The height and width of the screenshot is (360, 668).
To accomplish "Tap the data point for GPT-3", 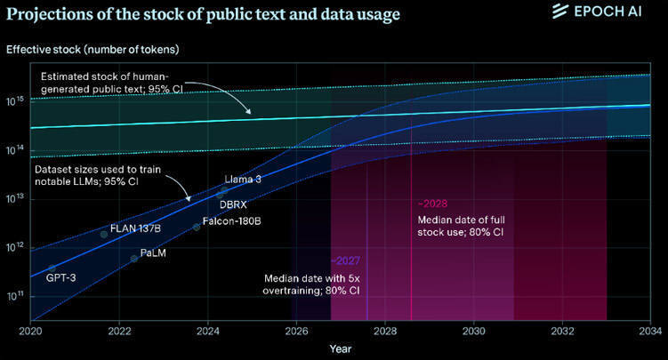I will point(52,268).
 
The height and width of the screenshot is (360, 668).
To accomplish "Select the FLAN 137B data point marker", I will point(104,235).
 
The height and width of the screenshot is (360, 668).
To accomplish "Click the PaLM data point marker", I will point(134,259).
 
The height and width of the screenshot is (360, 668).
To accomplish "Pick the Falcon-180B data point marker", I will point(197,228).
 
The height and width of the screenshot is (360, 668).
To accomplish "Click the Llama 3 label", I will point(244,180).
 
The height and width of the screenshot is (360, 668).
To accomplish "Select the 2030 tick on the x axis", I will point(474,330).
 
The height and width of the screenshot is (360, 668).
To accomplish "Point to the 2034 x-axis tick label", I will point(651,330).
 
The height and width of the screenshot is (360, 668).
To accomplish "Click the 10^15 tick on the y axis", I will point(16,102).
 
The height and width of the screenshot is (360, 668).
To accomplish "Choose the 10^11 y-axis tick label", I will point(16,295).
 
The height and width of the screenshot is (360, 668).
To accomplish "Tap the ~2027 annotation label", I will point(345,261).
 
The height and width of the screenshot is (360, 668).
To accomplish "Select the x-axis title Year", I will point(341,349).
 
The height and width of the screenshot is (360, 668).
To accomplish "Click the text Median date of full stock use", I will point(462,225).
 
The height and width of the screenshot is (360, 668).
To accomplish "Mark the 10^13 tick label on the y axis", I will point(16,199).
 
